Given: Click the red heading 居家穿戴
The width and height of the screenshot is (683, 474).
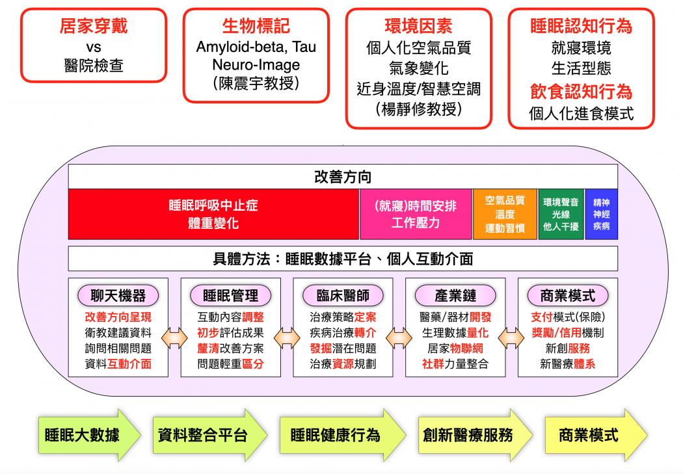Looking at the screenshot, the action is [94, 26].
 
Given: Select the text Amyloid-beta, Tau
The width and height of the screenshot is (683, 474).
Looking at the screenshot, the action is [256, 47].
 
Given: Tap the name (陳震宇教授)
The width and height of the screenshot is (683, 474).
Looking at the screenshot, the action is [256, 83].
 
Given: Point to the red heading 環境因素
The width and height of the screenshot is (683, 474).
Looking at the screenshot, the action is [419, 26].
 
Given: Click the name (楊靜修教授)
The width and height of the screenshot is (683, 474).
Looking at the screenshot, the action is [419, 109].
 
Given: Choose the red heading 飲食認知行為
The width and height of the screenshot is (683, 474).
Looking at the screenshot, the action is [581, 92].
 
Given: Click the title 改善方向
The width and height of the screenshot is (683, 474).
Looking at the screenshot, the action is [343, 177].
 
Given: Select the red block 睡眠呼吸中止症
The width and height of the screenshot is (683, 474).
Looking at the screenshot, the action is [213, 214].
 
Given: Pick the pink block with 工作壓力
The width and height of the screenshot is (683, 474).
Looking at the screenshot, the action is [416, 214].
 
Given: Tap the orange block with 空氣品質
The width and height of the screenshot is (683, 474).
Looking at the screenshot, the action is [505, 214].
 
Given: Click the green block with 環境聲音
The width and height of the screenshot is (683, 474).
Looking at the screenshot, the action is [561, 214].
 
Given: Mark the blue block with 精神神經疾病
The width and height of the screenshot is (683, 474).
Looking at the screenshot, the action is [602, 214].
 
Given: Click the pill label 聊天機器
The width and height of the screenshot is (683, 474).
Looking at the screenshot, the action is [118, 296].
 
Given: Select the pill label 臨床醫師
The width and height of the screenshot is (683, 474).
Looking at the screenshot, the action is [343, 296].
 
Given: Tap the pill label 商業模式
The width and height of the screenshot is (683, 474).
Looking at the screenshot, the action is [568, 296].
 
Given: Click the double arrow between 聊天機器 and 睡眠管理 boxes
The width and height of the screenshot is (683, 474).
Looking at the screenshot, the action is [174, 338].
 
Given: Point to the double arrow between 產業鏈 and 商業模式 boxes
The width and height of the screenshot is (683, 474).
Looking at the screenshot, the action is [511, 338].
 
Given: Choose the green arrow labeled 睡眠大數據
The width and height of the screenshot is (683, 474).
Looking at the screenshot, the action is [89, 435].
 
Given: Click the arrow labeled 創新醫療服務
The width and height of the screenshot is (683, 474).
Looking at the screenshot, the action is [475, 435].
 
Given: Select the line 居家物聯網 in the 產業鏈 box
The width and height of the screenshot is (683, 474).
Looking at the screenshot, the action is [455, 349].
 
